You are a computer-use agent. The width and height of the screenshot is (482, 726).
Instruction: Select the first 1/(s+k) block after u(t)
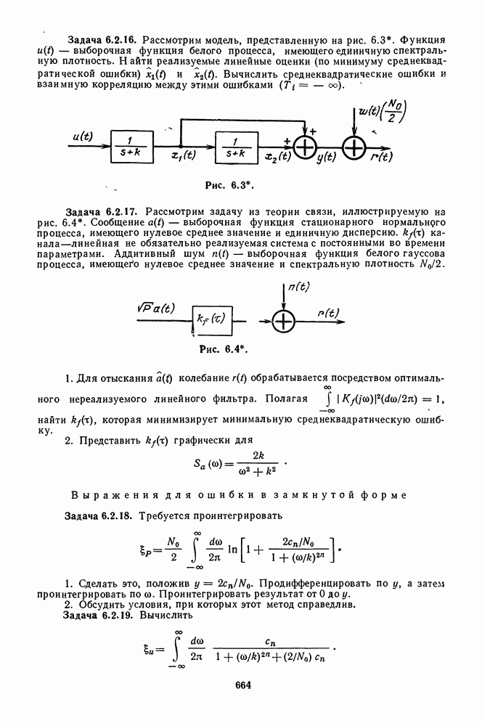tap(132, 144)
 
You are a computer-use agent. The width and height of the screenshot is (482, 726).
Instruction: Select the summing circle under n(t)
tap(285, 320)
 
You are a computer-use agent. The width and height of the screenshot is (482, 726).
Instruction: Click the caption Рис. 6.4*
tap(224, 348)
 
